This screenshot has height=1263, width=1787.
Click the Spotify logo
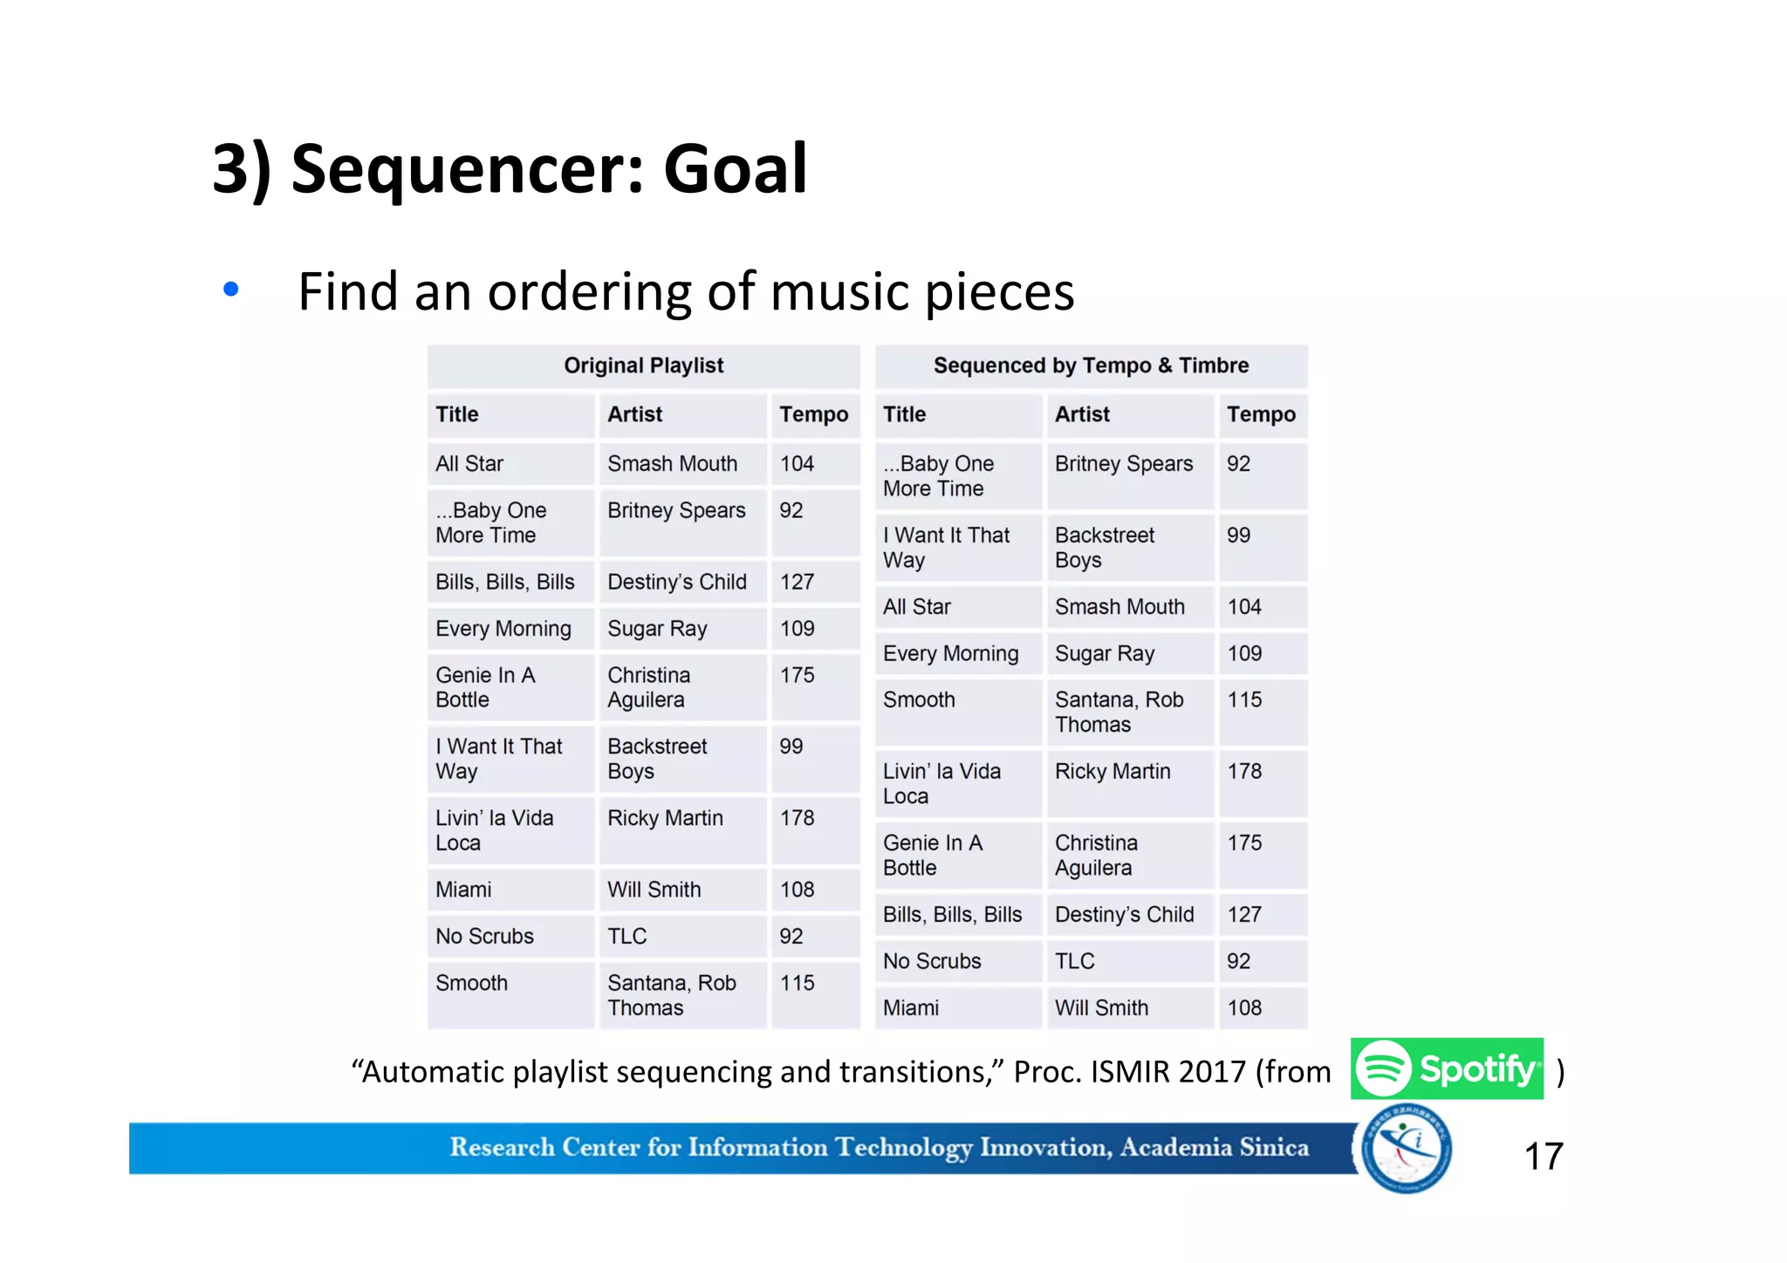[x=1446, y=1068]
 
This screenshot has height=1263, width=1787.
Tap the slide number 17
[x=1543, y=1157]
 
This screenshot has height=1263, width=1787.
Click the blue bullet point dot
[x=230, y=289]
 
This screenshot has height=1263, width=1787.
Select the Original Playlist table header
[x=643, y=365]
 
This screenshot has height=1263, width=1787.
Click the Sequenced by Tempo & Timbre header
[x=1091, y=365]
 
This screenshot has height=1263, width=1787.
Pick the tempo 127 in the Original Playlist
[x=797, y=582]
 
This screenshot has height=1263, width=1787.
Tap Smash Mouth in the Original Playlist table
[x=672, y=463]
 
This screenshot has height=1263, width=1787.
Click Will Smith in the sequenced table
[x=1101, y=1007]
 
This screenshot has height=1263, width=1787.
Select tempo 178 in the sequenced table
[x=1244, y=771]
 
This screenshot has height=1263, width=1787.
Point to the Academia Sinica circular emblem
[x=1406, y=1149]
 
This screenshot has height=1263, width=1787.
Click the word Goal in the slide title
[x=735, y=168]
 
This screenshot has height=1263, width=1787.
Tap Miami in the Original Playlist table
[x=463, y=890]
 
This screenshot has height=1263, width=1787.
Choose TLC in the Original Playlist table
[x=626, y=936]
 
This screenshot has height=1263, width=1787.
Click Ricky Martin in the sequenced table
[x=1113, y=771]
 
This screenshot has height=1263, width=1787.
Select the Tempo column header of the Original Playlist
[x=813, y=414]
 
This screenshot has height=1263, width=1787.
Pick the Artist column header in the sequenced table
[x=1082, y=414]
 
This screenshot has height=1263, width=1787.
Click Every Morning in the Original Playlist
[x=503, y=629]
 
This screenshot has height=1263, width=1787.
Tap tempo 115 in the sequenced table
[x=1244, y=700]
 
